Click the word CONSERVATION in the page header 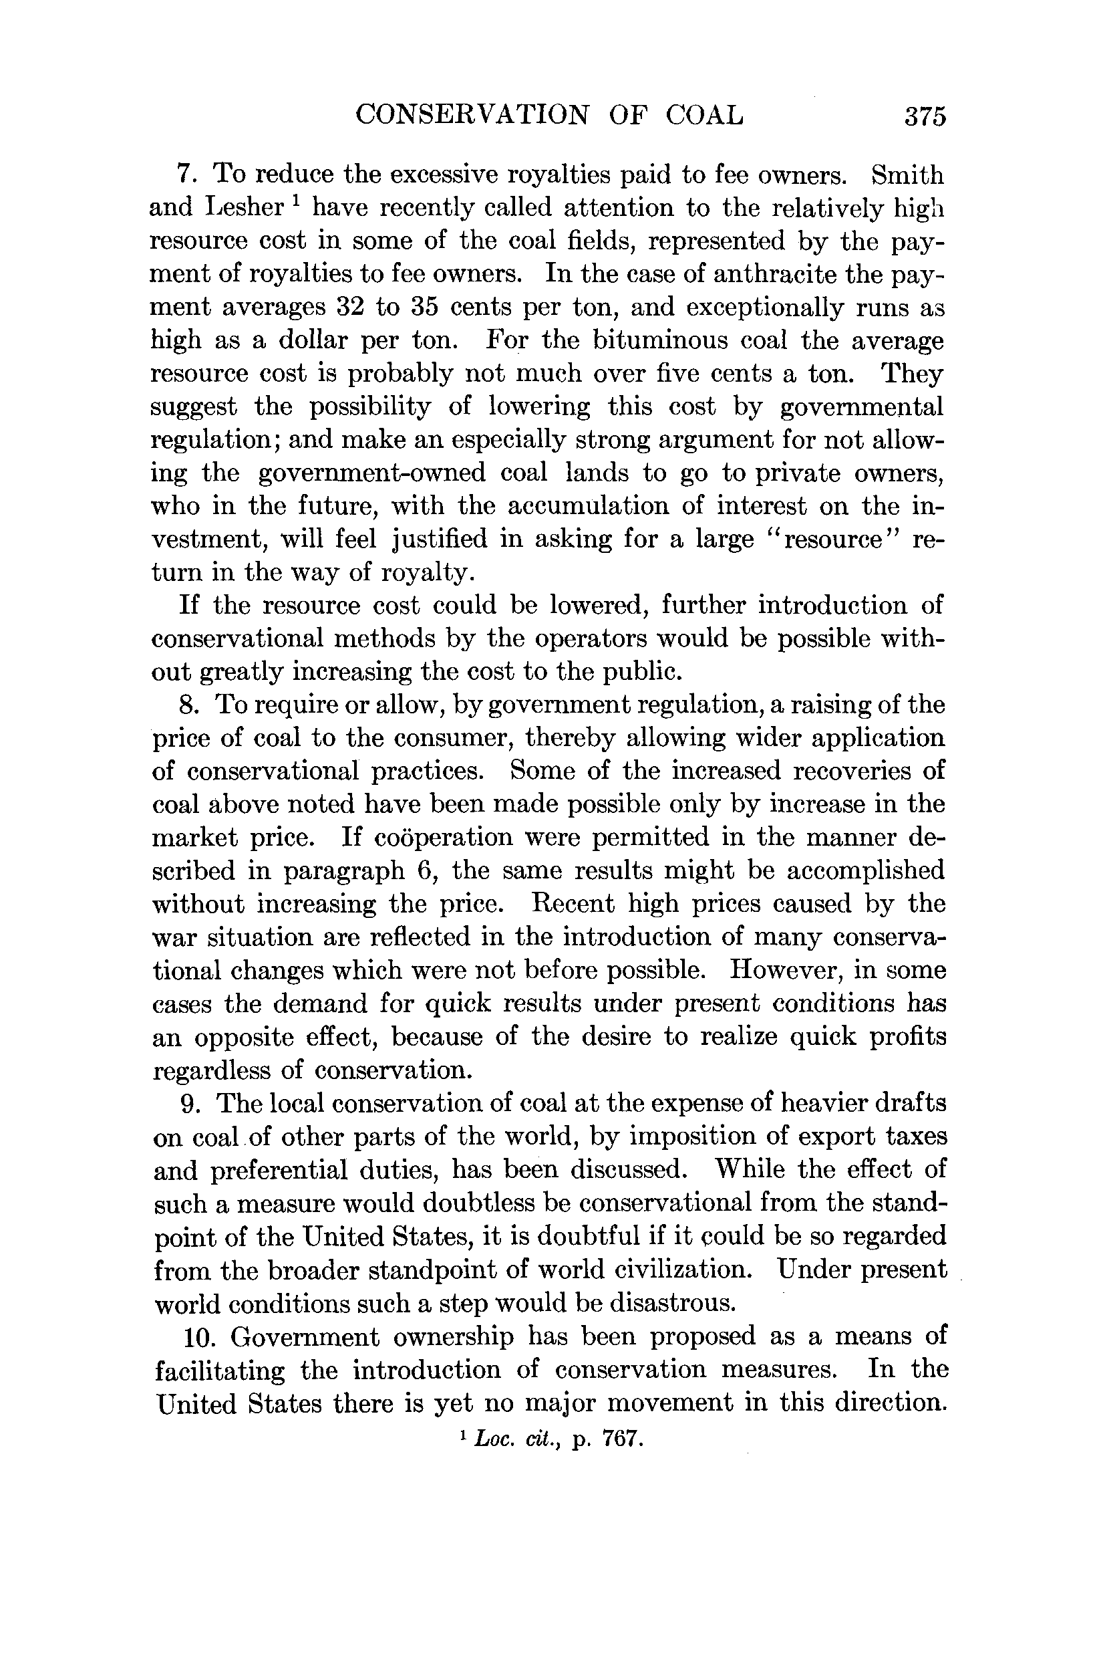tap(472, 114)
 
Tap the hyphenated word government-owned tap(372, 473)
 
